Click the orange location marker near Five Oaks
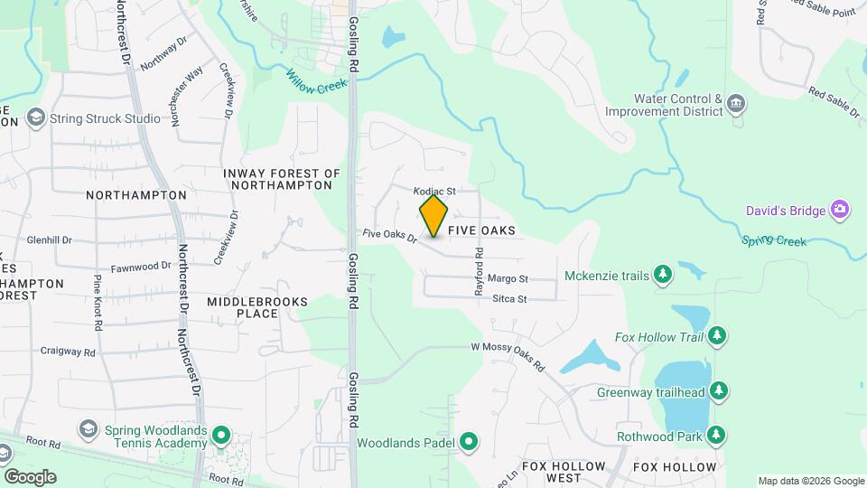[433, 216]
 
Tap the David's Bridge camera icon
[841, 211]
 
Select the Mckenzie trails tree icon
[664, 275]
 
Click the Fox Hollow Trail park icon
[717, 336]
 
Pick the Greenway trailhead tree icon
[719, 391]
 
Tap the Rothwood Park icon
[717, 436]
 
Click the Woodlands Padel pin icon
[468, 442]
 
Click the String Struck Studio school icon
[36, 117]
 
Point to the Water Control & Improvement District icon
[736, 105]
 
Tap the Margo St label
[508, 279]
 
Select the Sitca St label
[509, 298]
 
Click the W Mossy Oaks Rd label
[508, 355]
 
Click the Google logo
[30, 477]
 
